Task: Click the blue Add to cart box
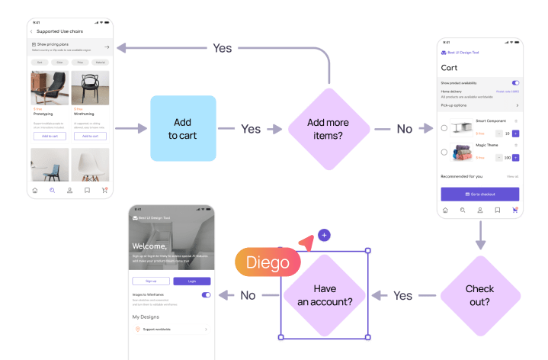click(183, 128)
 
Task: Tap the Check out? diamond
click(480, 295)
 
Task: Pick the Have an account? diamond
click(325, 295)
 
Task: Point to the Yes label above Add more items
click(223, 48)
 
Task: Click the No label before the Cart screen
click(404, 129)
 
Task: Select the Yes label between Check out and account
click(402, 296)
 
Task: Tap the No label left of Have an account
click(248, 295)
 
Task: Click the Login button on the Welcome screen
click(191, 281)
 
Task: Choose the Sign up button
click(151, 281)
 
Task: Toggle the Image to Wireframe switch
click(206, 294)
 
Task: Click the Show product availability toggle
click(515, 82)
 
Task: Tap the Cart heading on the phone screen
click(450, 67)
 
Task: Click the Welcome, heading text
click(149, 246)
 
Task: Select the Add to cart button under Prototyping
click(50, 136)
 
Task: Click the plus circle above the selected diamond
click(325, 235)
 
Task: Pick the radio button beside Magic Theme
click(444, 152)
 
